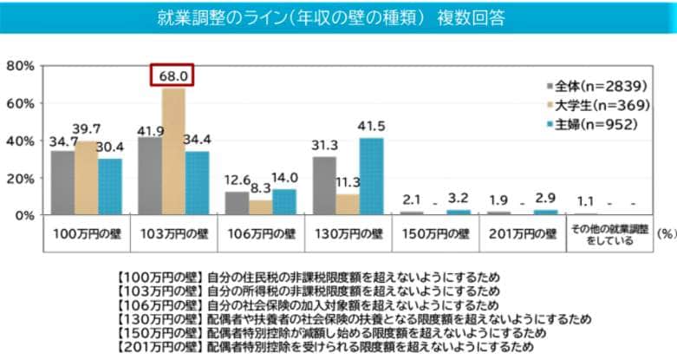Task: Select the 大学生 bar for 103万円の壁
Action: [173, 152]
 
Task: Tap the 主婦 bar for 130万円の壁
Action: [371, 176]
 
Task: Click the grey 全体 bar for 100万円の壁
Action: [62, 182]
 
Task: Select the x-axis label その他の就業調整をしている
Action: [609, 234]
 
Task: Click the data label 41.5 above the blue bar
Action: [371, 127]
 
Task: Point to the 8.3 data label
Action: [260, 188]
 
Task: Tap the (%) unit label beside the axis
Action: [666, 233]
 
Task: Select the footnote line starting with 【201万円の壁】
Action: [321, 347]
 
